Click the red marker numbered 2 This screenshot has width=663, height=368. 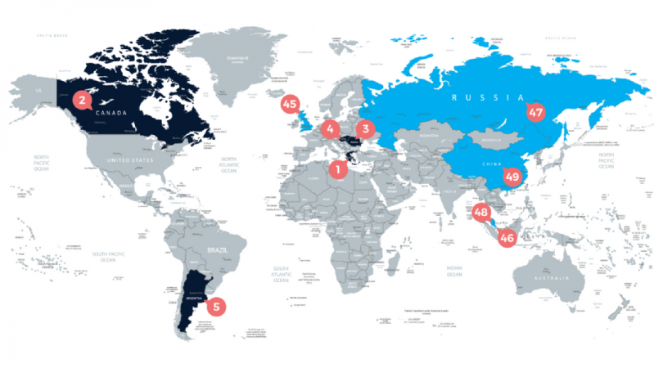81,101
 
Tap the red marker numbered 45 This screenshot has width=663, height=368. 290,104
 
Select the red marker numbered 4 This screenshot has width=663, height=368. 329,128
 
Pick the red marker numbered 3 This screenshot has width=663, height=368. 365,128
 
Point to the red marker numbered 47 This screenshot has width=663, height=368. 536,111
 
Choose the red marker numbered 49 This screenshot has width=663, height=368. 512,176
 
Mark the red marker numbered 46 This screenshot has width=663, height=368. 507,238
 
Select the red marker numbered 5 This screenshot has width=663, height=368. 216,307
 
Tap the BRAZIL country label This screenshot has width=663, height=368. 221,248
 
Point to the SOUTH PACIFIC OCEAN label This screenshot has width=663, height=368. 113,257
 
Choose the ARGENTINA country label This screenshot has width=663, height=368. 194,300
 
